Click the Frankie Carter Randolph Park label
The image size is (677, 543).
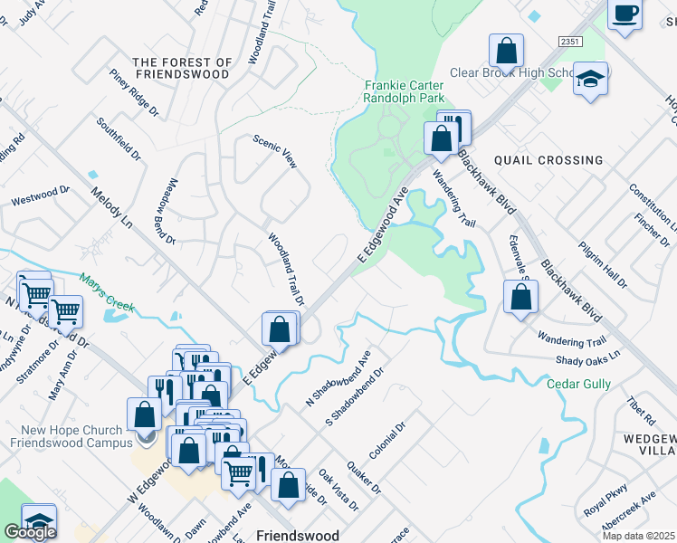(403, 88)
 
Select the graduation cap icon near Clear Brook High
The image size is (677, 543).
(590, 80)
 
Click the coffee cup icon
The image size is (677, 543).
(625, 14)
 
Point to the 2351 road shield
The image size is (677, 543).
(569, 43)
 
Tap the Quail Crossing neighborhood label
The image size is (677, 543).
(548, 160)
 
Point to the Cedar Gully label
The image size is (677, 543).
(576, 384)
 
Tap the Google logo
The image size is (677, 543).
(30, 532)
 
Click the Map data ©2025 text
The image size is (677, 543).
(638, 536)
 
